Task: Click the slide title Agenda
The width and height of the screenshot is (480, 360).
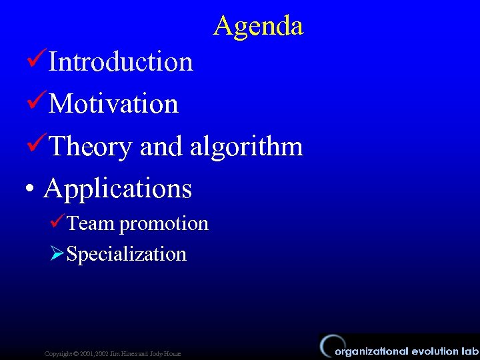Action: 259,26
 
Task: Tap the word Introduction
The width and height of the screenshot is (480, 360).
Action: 121,62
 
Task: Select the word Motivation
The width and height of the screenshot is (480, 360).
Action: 113,104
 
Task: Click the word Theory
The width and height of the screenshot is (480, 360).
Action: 90,147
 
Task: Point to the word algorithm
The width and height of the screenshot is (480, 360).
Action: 246,146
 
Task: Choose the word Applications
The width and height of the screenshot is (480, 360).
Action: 118,189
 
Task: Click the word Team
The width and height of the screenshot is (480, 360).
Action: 91,223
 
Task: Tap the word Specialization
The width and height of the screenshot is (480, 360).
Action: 127,254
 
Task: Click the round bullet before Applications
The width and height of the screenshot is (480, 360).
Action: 29,189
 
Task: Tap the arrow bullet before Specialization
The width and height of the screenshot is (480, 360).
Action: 57,253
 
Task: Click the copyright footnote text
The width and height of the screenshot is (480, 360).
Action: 112,352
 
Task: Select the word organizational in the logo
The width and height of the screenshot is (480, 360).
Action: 372,351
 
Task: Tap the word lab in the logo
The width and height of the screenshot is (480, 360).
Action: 470,351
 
